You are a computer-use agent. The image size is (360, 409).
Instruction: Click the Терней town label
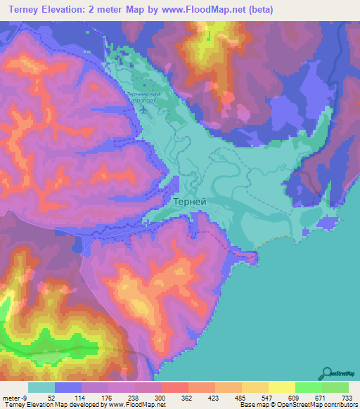pyautogui.click(x=189, y=200)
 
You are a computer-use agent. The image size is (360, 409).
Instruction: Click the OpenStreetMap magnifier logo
pyautogui.click(x=326, y=373)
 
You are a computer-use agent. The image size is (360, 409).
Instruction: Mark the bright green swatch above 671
pyautogui.click(x=308, y=387)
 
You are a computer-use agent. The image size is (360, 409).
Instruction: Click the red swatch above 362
pyautogui.click(x=174, y=387)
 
